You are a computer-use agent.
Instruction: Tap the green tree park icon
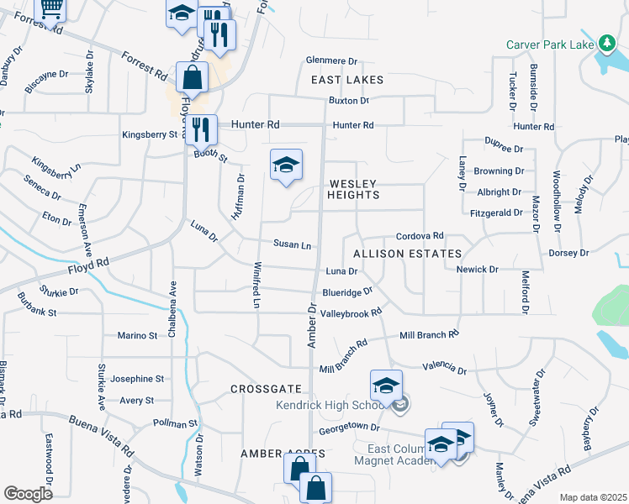606,42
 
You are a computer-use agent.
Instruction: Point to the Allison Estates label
407,254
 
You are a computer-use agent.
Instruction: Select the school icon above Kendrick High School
386,386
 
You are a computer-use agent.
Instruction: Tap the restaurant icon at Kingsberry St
200,129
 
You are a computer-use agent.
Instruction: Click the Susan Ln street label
293,244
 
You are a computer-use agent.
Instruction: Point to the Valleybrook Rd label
352,312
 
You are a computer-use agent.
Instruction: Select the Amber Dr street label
311,327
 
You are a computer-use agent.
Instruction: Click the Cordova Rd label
420,238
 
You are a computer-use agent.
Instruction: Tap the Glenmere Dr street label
332,61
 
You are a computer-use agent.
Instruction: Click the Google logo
28,493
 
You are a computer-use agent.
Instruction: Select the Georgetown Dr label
344,428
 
